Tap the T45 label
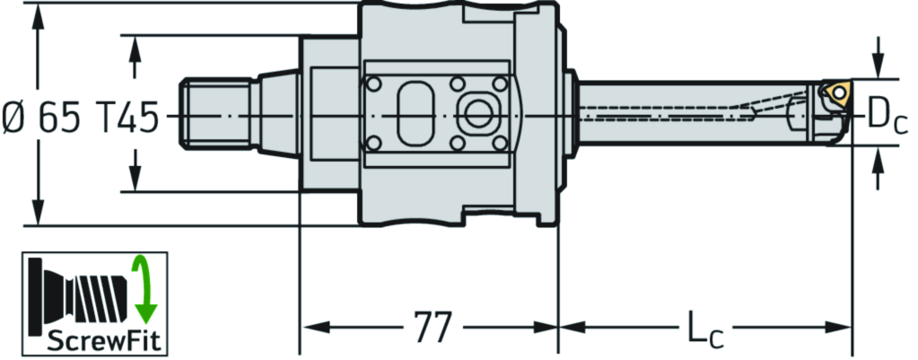[125, 117]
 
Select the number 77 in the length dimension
[433, 327]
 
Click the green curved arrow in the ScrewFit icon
[144, 290]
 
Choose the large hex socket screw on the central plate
[478, 114]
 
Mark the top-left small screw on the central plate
[374, 84]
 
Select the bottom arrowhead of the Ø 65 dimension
[38, 215]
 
